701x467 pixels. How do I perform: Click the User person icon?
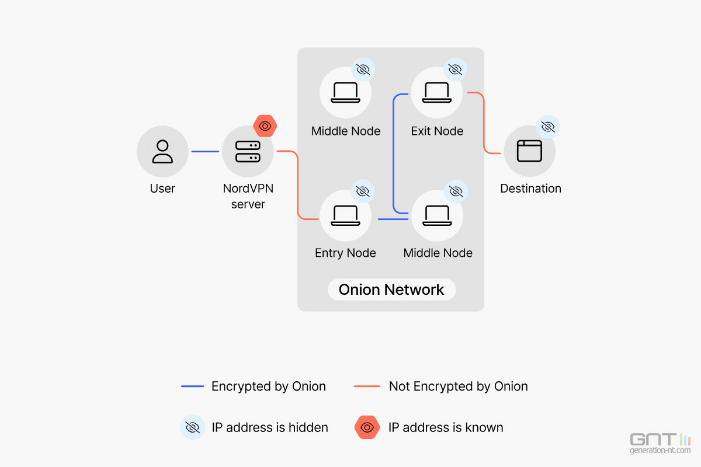click(162, 151)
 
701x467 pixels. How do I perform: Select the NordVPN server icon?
click(248, 151)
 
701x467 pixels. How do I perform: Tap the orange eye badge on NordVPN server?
click(265, 126)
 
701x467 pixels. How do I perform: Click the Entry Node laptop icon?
click(345, 215)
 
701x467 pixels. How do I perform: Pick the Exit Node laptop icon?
click(437, 92)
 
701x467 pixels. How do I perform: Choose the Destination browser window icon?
click(529, 151)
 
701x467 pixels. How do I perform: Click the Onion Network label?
click(391, 290)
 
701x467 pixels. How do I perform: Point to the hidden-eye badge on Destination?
click(547, 127)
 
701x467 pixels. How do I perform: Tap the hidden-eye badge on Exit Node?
click(454, 70)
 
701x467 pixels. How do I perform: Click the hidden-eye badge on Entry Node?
click(363, 191)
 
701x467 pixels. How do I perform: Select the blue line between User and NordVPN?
click(205, 152)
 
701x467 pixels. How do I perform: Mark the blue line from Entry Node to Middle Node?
click(393, 219)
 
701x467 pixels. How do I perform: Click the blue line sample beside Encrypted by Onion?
click(192, 386)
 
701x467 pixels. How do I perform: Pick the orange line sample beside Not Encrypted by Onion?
click(367, 386)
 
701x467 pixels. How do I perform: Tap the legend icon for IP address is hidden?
click(192, 427)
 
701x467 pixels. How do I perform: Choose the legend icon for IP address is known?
click(367, 427)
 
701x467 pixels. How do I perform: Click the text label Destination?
click(530, 189)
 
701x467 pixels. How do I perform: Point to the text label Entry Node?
click(345, 253)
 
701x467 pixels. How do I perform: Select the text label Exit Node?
click(437, 131)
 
